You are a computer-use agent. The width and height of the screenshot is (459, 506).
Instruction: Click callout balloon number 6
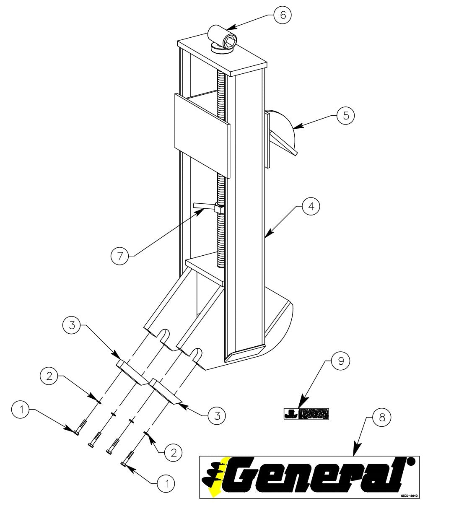pos(283,15)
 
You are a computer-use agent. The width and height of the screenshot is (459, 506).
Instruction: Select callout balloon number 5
pos(346,115)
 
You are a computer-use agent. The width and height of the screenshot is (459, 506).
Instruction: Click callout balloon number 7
pos(120,256)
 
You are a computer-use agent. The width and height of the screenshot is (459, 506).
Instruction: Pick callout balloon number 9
pos(340,361)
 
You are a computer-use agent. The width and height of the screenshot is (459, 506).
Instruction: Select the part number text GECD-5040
pos(409,495)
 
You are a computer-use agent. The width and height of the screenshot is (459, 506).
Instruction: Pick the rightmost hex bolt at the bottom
pos(128,458)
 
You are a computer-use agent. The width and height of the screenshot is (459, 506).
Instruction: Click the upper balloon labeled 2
pos(49,376)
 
